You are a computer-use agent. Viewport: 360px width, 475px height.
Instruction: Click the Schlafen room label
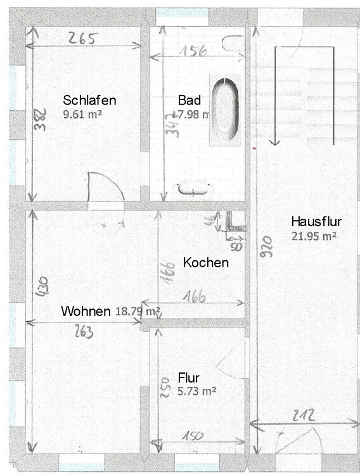(89, 100)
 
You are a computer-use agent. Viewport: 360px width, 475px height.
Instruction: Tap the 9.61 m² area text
(83, 115)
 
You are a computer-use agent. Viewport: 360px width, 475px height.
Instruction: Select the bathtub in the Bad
(225, 109)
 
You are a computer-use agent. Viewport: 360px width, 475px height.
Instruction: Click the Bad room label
(190, 100)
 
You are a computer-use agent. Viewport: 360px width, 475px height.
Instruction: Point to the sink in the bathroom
(194, 187)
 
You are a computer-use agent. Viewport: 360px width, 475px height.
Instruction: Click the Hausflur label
(316, 222)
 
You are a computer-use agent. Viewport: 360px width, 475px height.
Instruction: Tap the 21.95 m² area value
(314, 236)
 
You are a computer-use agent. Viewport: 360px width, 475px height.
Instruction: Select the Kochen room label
(206, 262)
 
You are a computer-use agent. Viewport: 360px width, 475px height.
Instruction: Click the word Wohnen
(87, 311)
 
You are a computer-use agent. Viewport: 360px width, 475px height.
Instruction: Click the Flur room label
(189, 378)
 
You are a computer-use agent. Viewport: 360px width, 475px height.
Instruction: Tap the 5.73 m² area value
(197, 391)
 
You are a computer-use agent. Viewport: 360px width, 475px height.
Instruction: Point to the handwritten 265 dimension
(82, 39)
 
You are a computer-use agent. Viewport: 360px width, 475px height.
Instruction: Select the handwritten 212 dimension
(305, 417)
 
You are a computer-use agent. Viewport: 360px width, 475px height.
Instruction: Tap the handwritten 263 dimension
(83, 331)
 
